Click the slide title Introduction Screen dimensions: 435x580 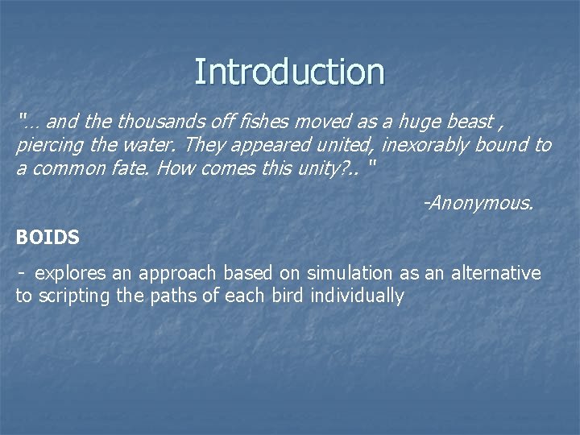[x=289, y=72]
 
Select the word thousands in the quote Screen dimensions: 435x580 [x=156, y=122]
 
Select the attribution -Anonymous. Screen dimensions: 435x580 [x=478, y=204]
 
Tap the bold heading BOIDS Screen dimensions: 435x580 [x=48, y=238]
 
